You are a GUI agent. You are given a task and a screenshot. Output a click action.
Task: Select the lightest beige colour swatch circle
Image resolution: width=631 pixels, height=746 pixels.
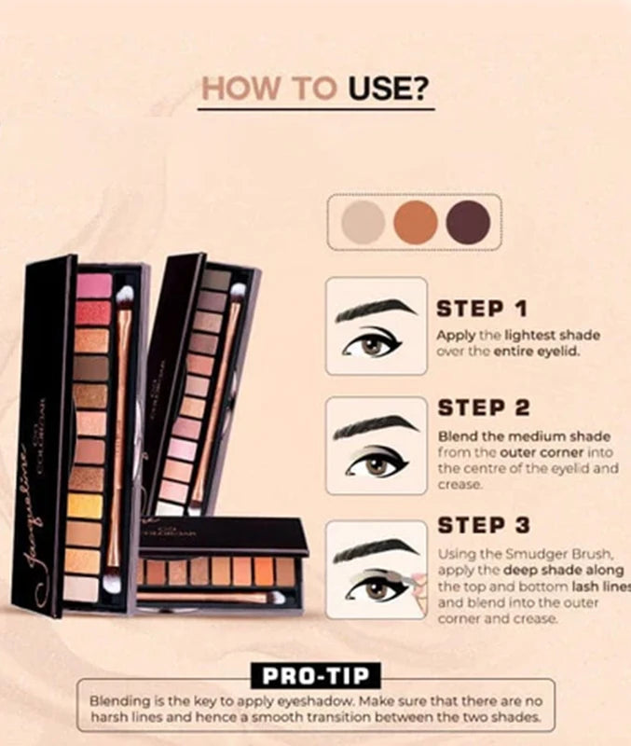point(364,222)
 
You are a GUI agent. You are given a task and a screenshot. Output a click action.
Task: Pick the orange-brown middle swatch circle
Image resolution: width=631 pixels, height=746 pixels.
point(415,222)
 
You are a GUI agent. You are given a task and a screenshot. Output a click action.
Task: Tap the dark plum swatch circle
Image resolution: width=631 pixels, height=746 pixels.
point(467,222)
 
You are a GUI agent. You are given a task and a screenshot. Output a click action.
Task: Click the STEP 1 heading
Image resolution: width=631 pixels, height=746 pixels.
point(483,309)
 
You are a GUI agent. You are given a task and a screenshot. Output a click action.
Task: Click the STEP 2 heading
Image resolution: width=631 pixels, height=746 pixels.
point(483,408)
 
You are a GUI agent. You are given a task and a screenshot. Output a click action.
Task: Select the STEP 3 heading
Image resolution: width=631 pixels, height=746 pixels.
point(483,525)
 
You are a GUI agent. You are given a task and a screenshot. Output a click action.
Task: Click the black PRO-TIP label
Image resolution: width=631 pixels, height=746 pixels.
point(316,675)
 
